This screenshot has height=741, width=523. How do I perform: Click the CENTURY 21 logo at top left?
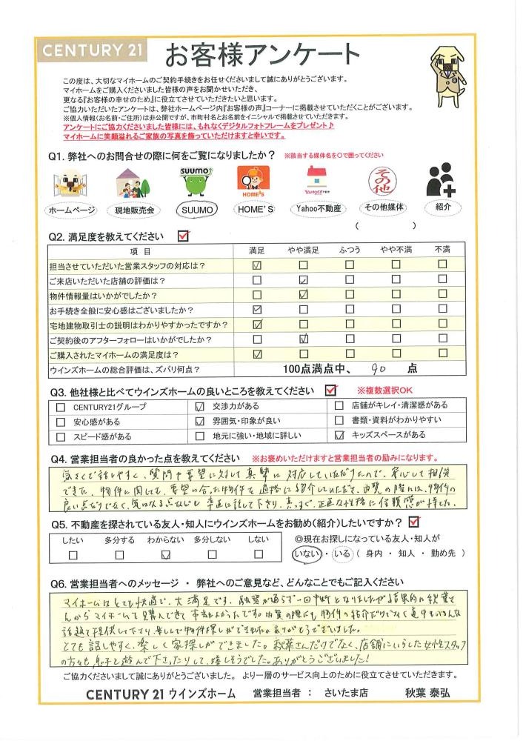click(91, 52)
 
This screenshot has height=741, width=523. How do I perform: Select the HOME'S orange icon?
click(255, 182)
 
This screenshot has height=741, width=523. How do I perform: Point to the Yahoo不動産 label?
click(317, 210)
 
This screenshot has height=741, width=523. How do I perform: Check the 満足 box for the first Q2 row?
click(257, 265)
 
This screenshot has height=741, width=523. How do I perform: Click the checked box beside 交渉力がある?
click(198, 407)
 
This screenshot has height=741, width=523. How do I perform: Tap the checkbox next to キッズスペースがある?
click(339, 436)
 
